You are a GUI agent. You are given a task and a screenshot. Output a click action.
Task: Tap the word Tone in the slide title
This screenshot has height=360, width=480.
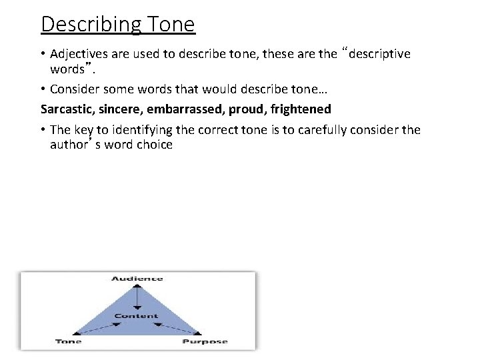tap(169, 24)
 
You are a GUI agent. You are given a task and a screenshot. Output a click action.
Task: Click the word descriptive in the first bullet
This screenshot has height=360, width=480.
tap(379, 54)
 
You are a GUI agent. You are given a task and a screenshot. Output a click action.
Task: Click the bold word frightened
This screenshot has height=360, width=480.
tap(301, 109)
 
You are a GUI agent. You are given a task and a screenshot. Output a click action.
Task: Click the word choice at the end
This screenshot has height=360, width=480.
tap(155, 145)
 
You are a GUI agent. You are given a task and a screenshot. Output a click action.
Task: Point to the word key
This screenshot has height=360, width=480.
tap(84, 130)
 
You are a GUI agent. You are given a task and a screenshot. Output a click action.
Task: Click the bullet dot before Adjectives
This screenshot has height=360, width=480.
tap(43, 54)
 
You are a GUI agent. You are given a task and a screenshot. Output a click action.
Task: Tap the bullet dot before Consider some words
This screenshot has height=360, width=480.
tap(43, 89)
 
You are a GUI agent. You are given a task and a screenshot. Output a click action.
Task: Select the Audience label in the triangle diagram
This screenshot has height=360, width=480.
tap(137, 279)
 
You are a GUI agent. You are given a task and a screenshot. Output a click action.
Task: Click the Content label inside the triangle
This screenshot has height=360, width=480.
tap(137, 316)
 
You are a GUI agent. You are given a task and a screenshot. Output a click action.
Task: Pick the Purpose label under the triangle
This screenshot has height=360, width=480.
tap(205, 342)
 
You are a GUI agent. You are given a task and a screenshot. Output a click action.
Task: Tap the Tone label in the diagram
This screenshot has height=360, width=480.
tap(69, 342)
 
